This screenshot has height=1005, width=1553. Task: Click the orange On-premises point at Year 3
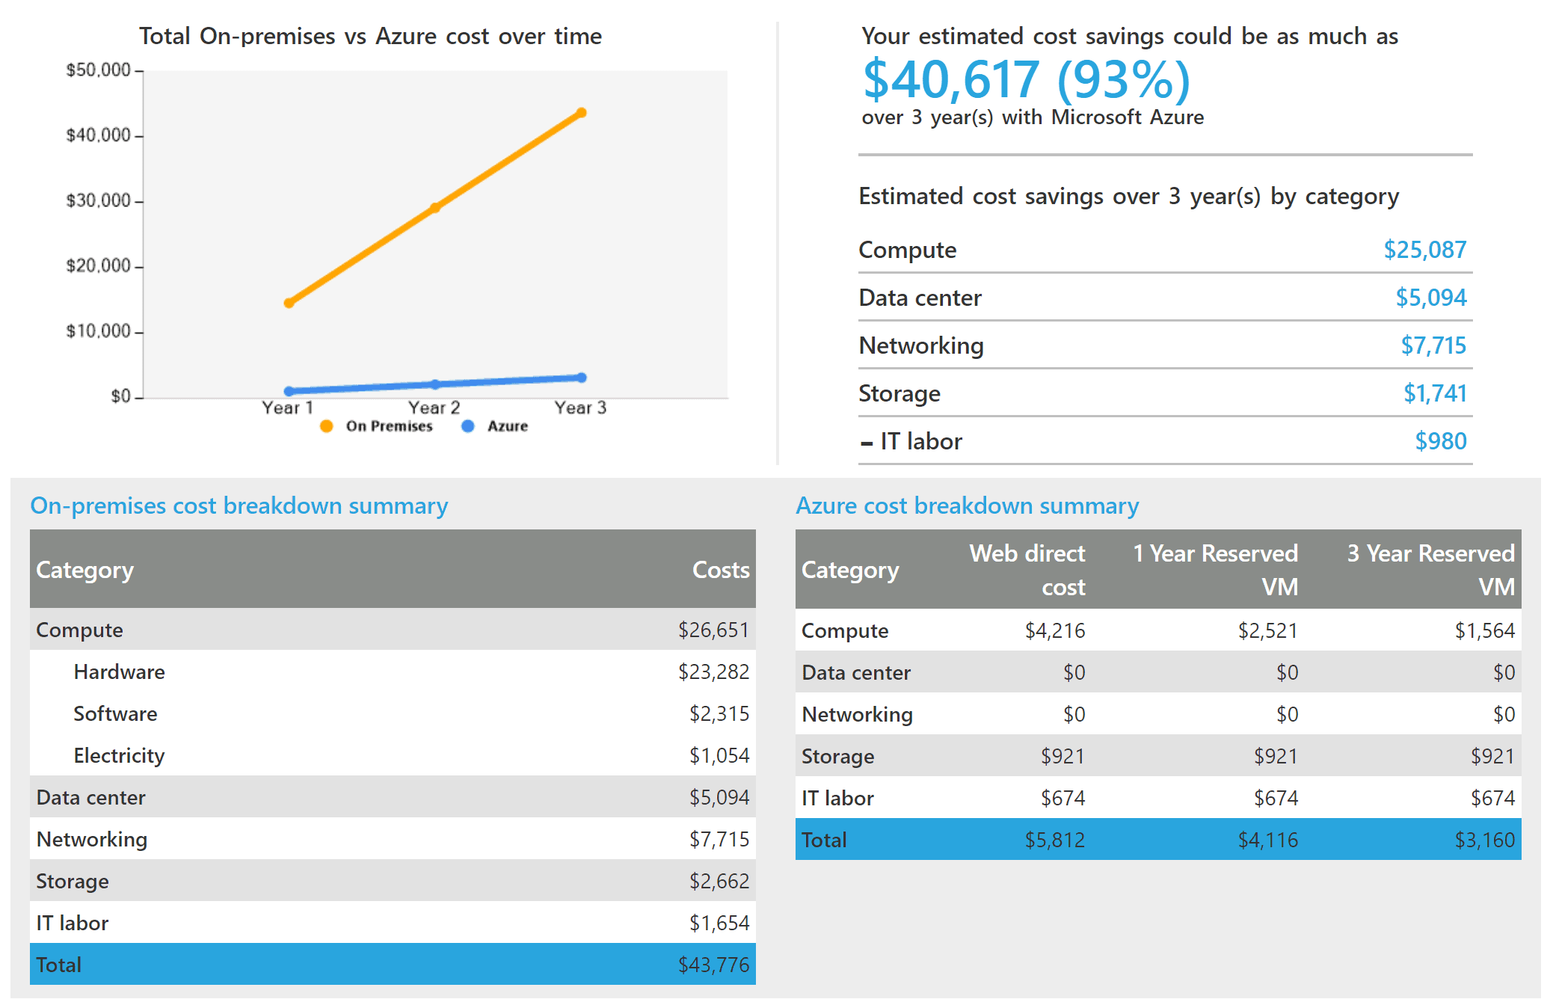click(582, 113)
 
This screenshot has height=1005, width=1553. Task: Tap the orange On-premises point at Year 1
click(289, 303)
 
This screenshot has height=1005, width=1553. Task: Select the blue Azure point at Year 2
click(435, 384)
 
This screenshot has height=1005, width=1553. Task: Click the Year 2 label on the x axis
click(434, 408)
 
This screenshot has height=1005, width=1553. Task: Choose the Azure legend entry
click(496, 426)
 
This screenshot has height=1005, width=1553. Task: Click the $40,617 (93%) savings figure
click(1026, 80)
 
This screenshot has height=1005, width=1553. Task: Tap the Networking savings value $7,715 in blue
click(1433, 345)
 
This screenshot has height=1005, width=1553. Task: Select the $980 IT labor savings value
click(1440, 441)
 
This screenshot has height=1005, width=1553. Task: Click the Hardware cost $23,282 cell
click(713, 671)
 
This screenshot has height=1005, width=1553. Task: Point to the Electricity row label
click(119, 755)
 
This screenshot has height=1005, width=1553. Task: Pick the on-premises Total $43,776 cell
click(713, 965)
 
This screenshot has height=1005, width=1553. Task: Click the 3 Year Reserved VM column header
click(1430, 569)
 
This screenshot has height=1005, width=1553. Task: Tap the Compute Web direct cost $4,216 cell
click(1054, 630)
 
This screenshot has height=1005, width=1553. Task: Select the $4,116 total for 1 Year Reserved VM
click(1267, 840)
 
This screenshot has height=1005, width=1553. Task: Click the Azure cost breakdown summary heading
click(967, 505)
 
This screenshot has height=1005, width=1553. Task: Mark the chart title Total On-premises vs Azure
click(370, 36)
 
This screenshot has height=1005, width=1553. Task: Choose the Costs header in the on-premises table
click(720, 570)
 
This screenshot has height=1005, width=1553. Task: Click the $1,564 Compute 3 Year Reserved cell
click(1484, 630)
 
